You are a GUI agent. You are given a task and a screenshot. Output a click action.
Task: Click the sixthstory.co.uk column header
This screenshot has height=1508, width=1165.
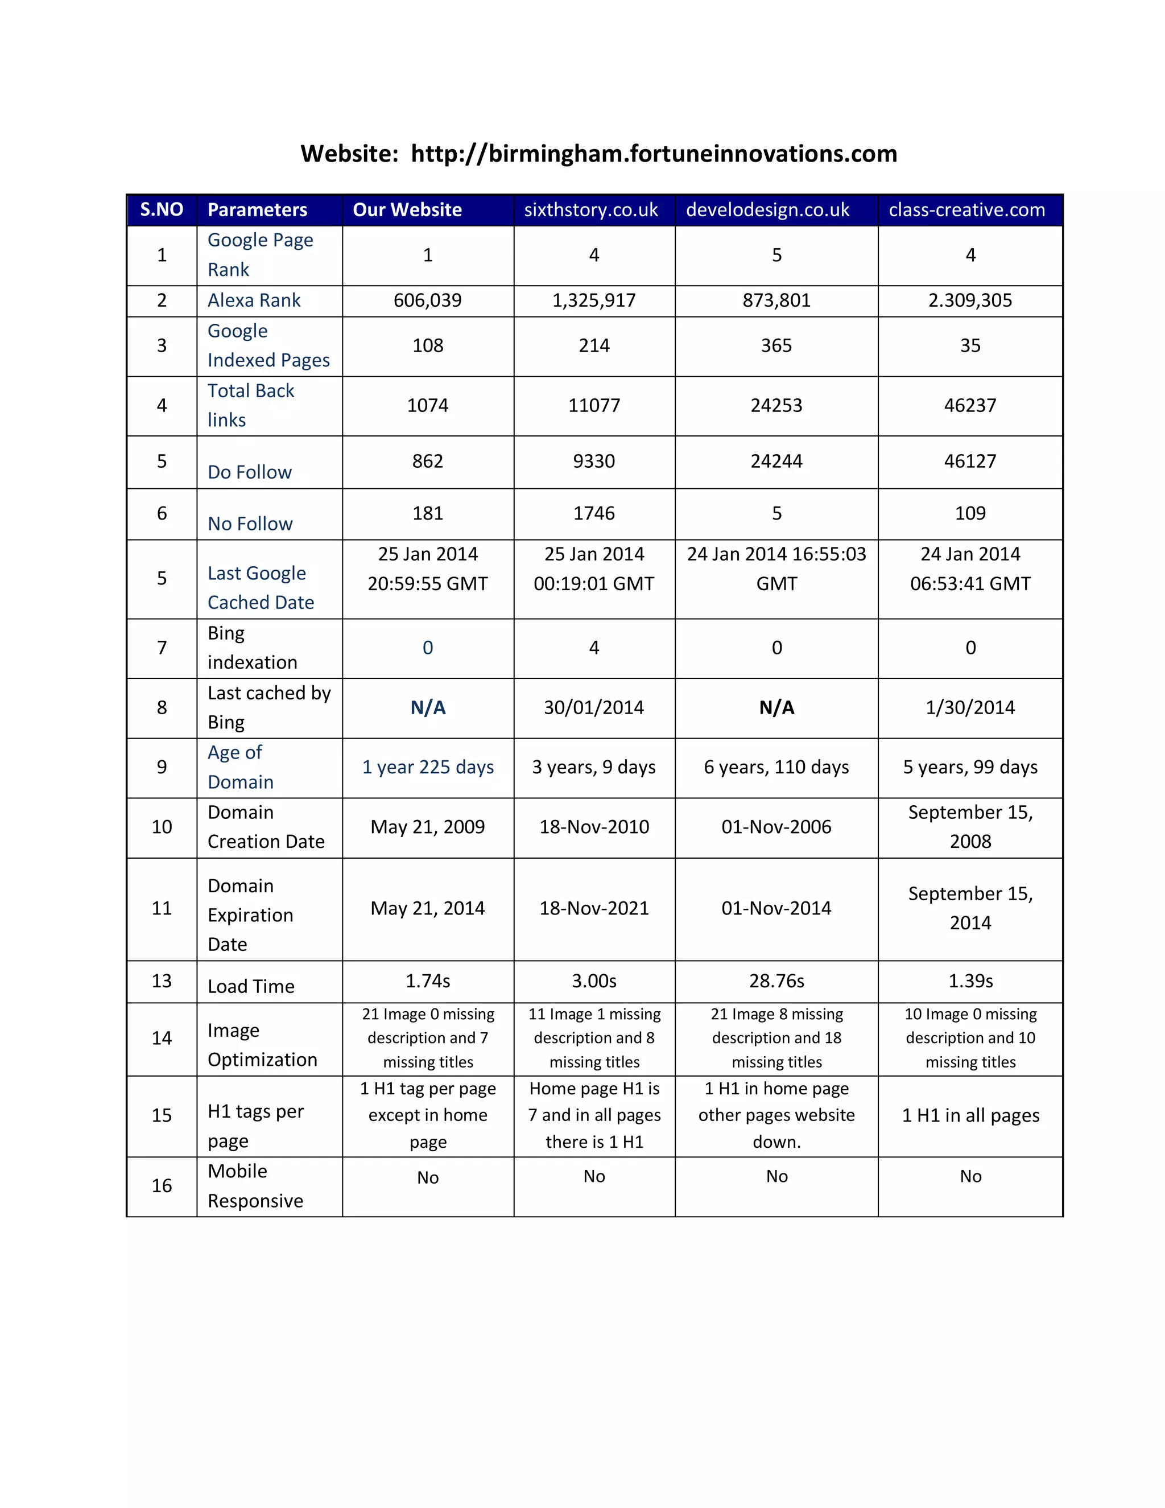(591, 210)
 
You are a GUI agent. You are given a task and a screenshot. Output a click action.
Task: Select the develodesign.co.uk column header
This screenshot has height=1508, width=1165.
(767, 210)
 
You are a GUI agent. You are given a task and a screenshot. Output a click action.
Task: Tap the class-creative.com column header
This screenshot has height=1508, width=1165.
(967, 210)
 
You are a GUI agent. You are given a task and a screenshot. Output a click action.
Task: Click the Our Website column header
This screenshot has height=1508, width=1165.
(407, 210)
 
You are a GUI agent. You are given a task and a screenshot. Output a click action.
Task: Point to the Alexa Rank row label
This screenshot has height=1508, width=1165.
(254, 300)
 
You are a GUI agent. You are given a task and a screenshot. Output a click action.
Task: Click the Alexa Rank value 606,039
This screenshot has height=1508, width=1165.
(427, 300)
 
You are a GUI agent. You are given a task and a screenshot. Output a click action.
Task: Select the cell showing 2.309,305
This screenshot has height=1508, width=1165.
(970, 300)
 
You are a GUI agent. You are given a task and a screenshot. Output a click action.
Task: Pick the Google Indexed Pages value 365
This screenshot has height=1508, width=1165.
(776, 345)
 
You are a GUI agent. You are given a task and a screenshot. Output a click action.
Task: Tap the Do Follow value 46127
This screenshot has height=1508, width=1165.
(970, 462)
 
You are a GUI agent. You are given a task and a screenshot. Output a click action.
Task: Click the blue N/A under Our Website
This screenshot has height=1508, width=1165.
(428, 708)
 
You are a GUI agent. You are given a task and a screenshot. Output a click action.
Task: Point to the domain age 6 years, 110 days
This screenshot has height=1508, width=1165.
(776, 767)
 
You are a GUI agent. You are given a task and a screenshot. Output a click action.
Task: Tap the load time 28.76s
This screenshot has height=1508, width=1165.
(776, 981)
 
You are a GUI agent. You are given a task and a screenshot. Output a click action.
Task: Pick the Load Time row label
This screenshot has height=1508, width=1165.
(251, 986)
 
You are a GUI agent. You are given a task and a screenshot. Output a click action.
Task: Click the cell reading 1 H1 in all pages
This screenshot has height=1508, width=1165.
(970, 1115)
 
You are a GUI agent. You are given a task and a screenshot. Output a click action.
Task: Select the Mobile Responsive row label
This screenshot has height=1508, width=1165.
(255, 1185)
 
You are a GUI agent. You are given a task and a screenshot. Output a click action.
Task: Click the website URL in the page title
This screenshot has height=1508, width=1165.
(654, 153)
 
